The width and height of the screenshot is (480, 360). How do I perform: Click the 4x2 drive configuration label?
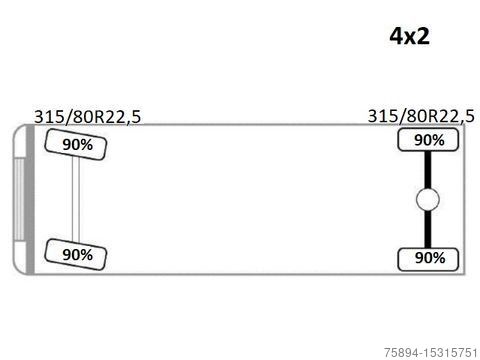point(409,36)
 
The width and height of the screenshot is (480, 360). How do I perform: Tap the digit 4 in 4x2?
point(396,36)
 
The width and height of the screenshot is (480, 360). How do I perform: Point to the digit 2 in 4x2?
point(423,36)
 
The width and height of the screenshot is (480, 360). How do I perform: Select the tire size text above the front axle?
point(88,117)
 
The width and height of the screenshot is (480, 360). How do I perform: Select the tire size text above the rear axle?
point(421,116)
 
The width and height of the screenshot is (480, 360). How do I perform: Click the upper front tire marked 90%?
point(76,144)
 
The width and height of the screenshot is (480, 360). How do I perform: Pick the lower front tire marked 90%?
point(76,254)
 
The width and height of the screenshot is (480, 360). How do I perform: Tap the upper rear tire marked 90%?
point(428,140)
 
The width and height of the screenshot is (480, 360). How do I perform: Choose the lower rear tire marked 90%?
point(428,259)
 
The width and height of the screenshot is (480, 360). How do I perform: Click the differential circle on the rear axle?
point(428,199)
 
